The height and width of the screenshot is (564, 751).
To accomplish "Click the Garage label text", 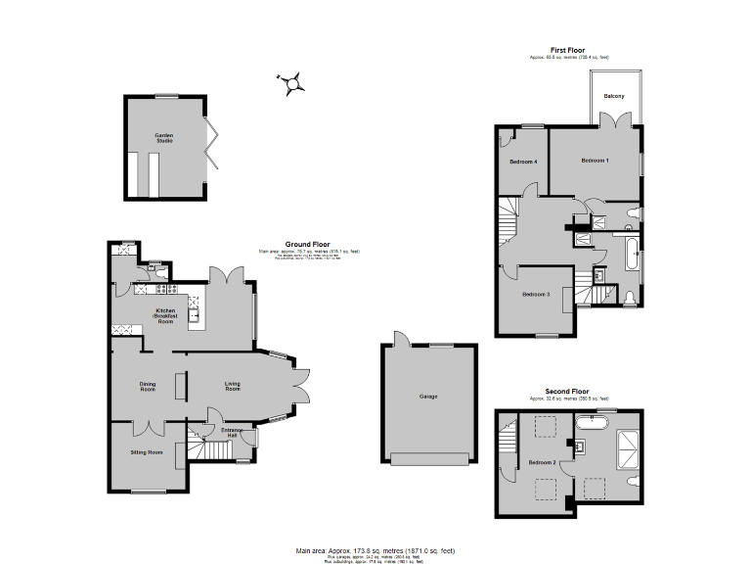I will [428, 397].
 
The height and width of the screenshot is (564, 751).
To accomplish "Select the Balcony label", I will [614, 96].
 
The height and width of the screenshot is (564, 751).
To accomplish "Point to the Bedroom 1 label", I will [595, 160].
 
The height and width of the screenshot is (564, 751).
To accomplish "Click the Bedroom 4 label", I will [523, 161].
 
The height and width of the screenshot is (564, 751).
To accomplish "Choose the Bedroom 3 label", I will [535, 295].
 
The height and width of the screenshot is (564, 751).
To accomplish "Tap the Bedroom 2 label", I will [543, 461].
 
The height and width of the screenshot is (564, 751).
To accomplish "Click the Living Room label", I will [233, 385].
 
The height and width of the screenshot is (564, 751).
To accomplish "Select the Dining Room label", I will [147, 387].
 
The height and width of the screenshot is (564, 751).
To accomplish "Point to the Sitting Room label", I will [147, 452].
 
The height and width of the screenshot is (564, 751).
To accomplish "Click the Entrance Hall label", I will [231, 433].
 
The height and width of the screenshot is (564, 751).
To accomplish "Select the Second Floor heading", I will [568, 391].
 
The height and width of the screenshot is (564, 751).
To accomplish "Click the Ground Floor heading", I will [307, 244].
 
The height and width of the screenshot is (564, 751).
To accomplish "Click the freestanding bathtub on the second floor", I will [593, 423].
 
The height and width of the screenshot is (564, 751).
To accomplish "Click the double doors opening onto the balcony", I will [614, 121].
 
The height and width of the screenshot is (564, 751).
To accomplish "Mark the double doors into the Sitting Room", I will [147, 426].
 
